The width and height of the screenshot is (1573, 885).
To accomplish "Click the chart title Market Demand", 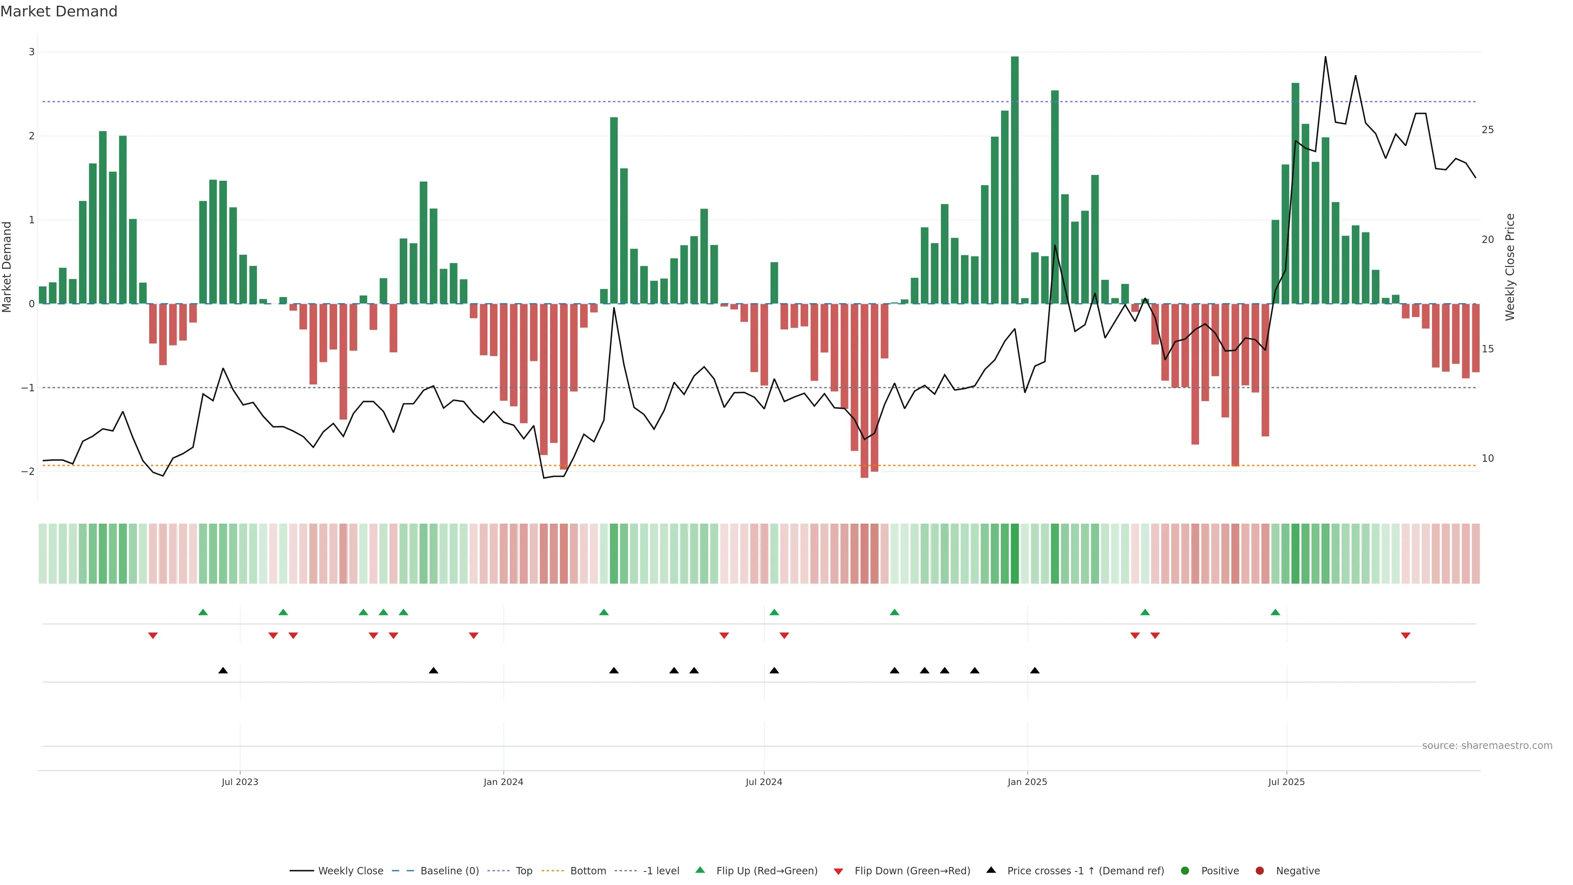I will (x=59, y=11).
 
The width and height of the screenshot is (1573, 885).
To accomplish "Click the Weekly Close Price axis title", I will (x=1510, y=267).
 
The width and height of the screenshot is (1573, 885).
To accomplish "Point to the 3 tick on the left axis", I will (x=31, y=52).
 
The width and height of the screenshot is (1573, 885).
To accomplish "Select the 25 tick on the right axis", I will (x=1487, y=129).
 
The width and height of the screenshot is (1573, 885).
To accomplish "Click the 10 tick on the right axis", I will (x=1487, y=458).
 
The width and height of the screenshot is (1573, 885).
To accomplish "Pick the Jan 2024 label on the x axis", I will (x=503, y=782).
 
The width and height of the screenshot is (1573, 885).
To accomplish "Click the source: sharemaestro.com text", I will (x=1487, y=746).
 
